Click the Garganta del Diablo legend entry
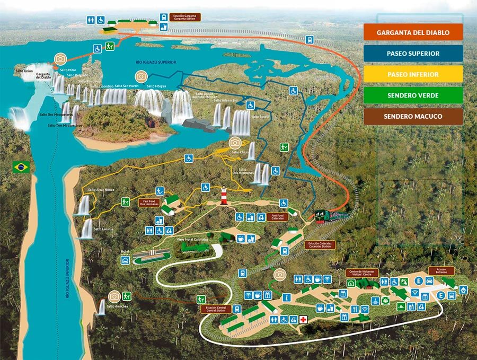click(x=413, y=32)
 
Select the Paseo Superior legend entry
click(x=413, y=54)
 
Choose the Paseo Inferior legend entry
click(x=413, y=75)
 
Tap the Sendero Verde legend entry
click(x=413, y=95)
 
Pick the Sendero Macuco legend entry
click(x=413, y=117)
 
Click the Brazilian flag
click(x=22, y=168)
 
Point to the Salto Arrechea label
click(x=118, y=306)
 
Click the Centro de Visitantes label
click(x=361, y=273)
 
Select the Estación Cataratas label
click(x=321, y=245)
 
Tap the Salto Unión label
click(x=24, y=71)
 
